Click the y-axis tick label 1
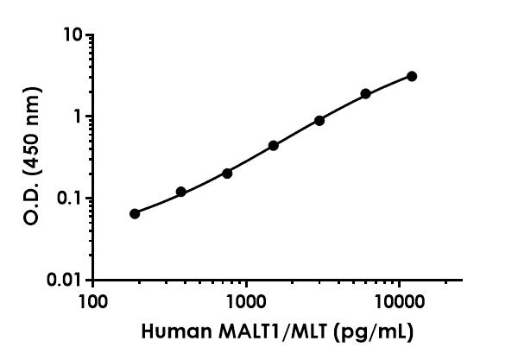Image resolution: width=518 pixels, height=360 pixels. pos(80,117)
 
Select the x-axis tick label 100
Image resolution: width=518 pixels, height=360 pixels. pos(93,303)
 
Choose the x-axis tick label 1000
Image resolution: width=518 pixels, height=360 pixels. pos(246,303)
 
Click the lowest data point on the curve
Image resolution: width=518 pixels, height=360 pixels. pos(135,213)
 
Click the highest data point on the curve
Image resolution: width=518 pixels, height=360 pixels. pos(412,76)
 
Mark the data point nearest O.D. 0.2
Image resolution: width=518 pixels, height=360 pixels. pos(227,173)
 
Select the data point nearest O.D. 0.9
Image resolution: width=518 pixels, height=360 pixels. pos(319,120)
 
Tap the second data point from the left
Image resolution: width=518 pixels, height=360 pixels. pos(180,192)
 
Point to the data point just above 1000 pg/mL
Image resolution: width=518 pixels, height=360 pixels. pos(274,145)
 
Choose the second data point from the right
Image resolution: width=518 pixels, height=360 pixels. pos(365,93)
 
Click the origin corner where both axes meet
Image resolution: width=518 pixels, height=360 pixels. pos(93,280)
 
